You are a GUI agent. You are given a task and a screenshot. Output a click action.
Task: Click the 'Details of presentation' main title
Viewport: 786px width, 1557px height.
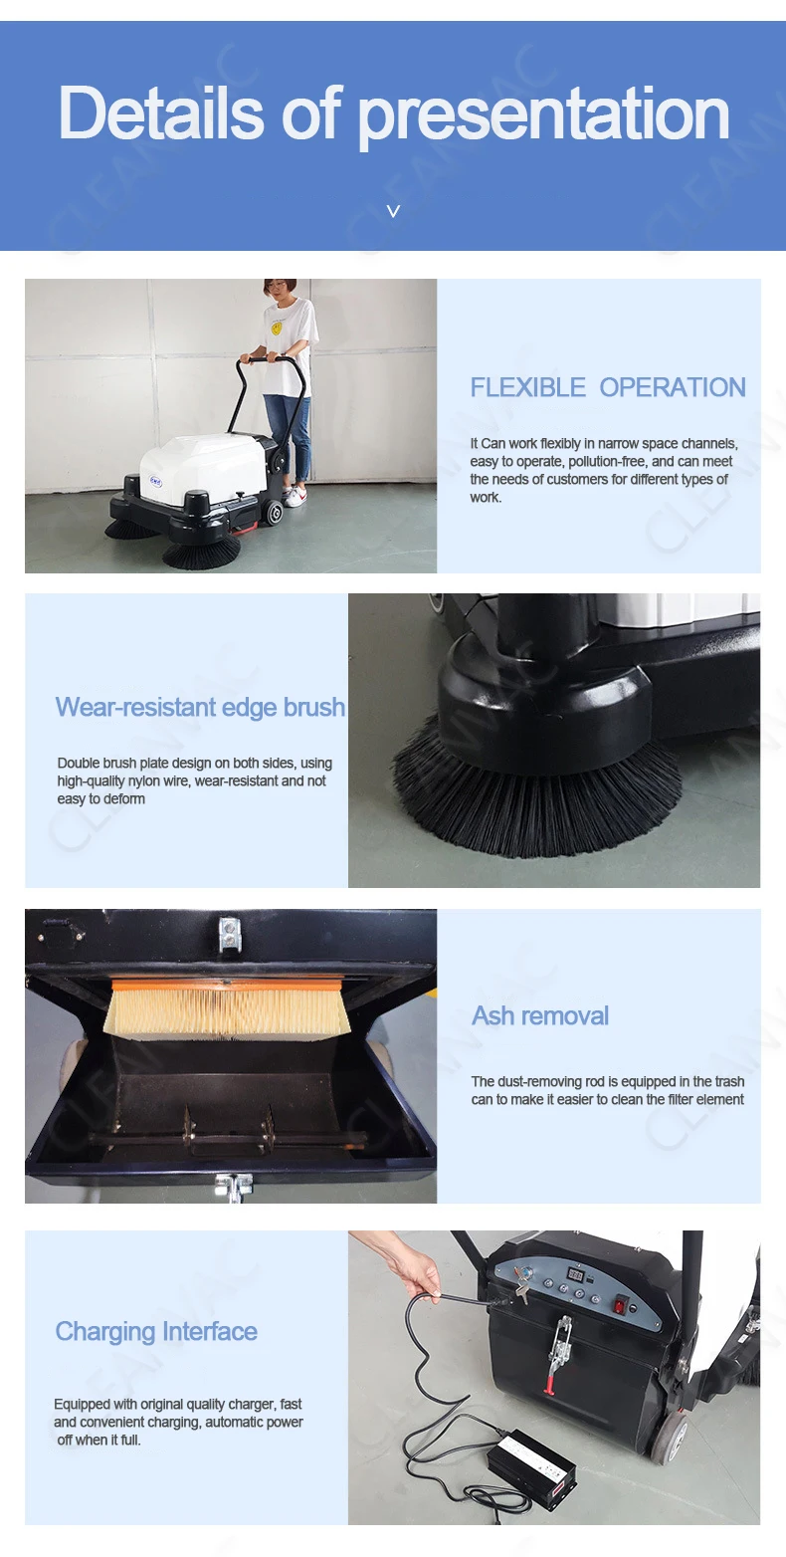point(394,114)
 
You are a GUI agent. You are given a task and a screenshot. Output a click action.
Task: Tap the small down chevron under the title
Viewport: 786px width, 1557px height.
point(393,211)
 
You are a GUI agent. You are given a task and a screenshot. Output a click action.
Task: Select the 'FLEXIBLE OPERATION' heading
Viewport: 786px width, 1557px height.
point(608,387)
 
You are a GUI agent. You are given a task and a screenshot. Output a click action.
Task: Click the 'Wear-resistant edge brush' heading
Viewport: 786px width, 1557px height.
point(200,707)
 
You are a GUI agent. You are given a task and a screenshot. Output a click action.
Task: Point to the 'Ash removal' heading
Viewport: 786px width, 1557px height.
point(540,1015)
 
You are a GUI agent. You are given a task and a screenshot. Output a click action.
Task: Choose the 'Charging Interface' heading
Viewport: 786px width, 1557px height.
point(156,1332)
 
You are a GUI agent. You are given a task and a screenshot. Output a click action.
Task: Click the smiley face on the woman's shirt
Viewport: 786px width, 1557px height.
point(277,328)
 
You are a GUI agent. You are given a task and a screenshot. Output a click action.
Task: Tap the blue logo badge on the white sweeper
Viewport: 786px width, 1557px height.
point(155,480)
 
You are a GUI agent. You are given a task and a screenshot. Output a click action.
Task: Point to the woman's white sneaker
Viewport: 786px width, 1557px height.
point(295,497)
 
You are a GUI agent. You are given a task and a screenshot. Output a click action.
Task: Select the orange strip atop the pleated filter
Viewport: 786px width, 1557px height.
point(227,985)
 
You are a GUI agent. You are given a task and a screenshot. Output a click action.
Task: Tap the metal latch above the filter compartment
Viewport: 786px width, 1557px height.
point(230,934)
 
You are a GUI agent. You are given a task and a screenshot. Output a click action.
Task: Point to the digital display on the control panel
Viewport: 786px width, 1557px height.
point(575,1275)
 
